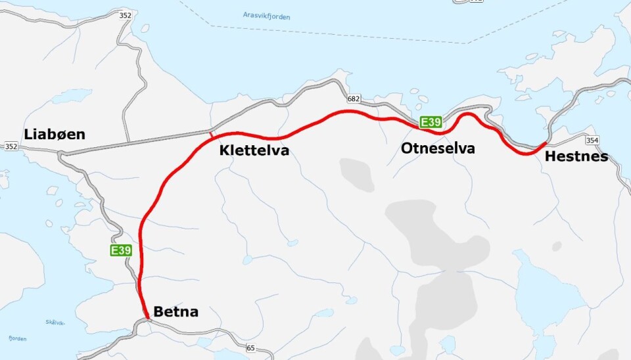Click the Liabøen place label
(55, 134)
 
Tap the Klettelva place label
(254, 151)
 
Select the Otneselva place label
(437, 148)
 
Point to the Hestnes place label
(576, 157)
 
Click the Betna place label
(175, 311)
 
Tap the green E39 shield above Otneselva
(431, 122)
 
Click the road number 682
(354, 99)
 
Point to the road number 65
(250, 348)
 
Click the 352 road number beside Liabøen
(11, 146)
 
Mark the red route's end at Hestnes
(546, 143)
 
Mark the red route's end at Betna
(147, 319)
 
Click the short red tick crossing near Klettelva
(211, 134)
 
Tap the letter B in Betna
(158, 311)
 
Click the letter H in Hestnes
(549, 157)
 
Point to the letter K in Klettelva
(224, 151)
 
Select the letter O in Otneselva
(407, 148)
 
